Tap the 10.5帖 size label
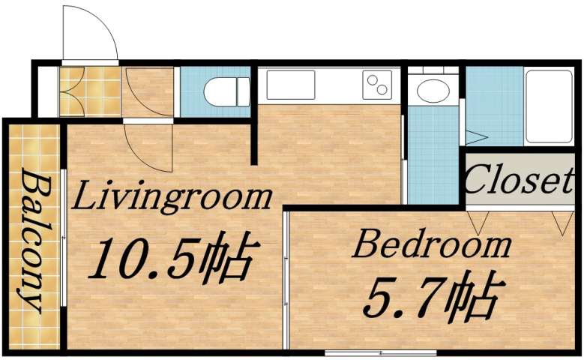pos(173,258)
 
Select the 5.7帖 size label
pos(430,297)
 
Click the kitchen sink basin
pos(291,85)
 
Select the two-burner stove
pos(377,85)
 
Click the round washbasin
pos(433,91)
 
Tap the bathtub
pos(549,106)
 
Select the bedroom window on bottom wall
pos(380,352)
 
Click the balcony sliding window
pos(64,240)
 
